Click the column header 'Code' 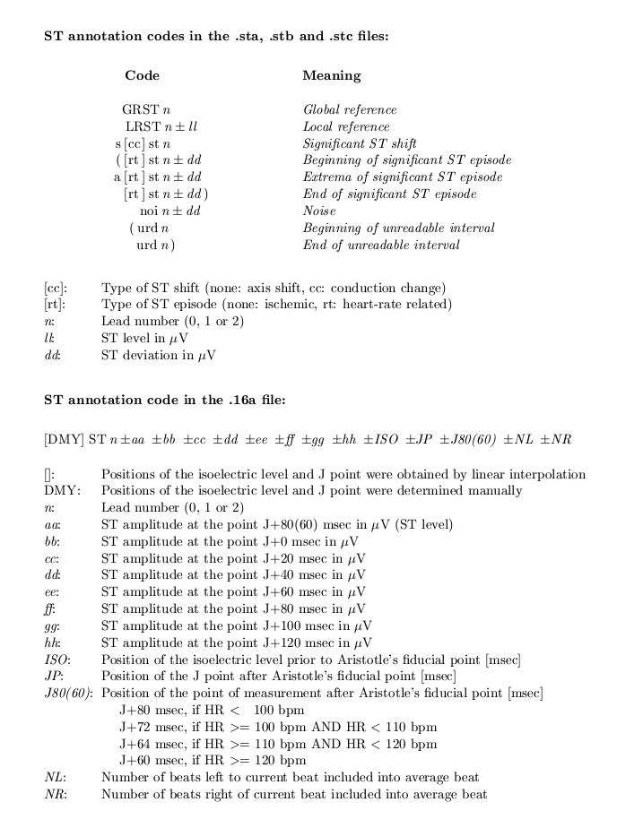(x=142, y=76)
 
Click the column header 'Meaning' (x=331, y=76)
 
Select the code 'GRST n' (x=146, y=110)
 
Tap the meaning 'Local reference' (x=346, y=127)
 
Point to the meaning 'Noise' (x=319, y=211)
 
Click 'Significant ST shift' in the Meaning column (x=360, y=144)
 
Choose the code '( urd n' (x=149, y=229)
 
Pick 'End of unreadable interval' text (x=381, y=246)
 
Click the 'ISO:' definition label (x=56, y=660)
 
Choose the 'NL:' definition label (x=54, y=778)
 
